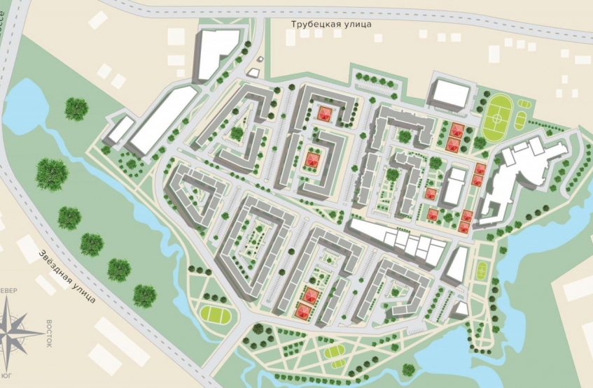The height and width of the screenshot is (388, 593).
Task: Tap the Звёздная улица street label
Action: click(67, 277)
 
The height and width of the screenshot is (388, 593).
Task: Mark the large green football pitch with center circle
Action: click(504, 114)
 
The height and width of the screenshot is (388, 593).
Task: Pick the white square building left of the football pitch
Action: click(447, 94)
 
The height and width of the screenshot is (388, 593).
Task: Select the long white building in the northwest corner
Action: click(160, 120)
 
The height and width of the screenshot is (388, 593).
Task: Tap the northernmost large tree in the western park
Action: click(76, 108)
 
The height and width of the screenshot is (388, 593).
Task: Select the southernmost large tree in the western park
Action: click(145, 295)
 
